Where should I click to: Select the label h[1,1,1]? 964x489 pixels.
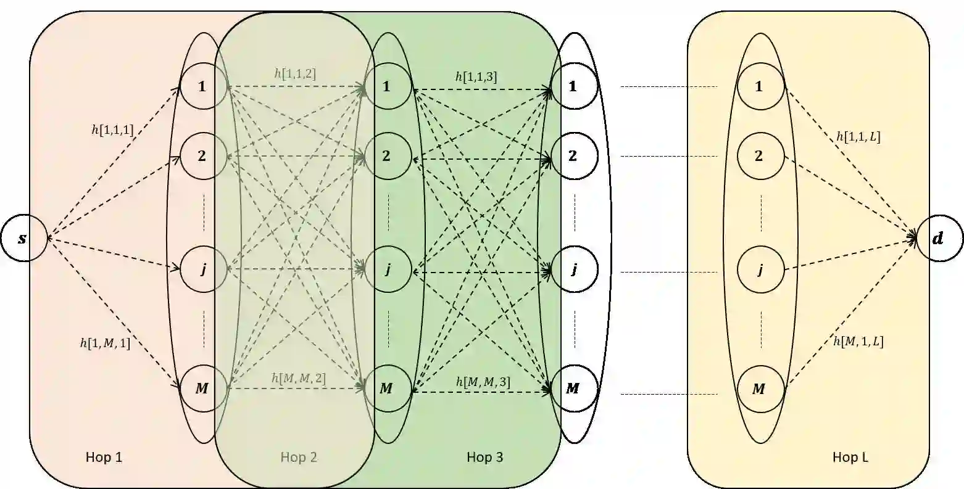tap(112, 129)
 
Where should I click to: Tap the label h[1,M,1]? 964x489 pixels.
tap(105, 343)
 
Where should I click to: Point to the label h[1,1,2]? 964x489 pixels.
tap(295, 73)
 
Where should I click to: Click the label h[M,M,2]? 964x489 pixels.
tap(298, 377)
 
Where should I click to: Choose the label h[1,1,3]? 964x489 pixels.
tap(476, 76)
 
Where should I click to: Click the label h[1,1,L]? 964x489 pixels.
tap(858, 137)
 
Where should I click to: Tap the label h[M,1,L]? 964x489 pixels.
tap(858, 341)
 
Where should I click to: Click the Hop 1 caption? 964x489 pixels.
tap(105, 457)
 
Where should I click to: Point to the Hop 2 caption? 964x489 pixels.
tap(299, 457)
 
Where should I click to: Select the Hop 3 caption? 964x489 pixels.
tap(484, 457)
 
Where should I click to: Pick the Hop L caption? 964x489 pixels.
tap(850, 457)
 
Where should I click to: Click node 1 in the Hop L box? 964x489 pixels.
tap(759, 86)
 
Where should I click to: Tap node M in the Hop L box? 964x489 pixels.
tap(759, 389)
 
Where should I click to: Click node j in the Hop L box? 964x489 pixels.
tap(759, 269)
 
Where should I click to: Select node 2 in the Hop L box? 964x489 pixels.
tap(759, 156)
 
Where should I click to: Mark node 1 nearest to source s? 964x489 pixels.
tap(202, 86)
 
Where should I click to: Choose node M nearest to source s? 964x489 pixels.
tap(202, 388)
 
